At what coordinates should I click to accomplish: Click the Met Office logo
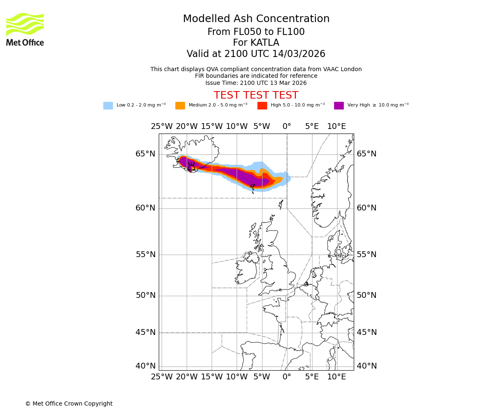pos(25,29)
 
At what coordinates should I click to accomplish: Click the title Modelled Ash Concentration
pos(256,19)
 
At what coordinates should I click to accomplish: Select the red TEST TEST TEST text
pos(256,95)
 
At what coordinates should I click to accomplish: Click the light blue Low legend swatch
pos(108,106)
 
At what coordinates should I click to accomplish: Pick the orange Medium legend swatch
pos(180,106)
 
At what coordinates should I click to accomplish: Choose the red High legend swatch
pos(262,106)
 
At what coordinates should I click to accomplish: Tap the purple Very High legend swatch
pos(339,106)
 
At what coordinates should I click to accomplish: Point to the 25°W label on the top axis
pos(162,126)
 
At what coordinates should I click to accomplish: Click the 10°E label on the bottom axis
pos(337,377)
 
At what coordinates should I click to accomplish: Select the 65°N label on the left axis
pos(145,154)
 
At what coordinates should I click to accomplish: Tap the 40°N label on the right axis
pos(367,366)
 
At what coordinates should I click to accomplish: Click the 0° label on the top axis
pos(287,126)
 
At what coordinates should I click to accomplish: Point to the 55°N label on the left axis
pos(145,255)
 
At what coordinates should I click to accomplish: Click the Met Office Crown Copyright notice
pos(69,404)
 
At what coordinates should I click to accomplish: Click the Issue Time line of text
pos(256,83)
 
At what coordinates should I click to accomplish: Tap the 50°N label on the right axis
pos(367,295)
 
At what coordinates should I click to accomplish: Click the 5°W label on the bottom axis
pos(262,377)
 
